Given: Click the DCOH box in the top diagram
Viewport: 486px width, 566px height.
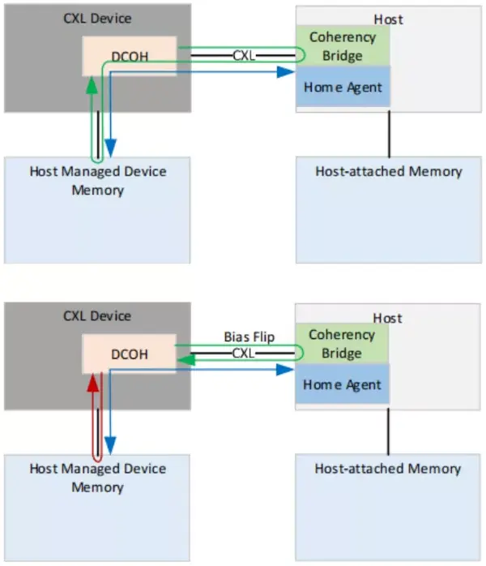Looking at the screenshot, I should [129, 56].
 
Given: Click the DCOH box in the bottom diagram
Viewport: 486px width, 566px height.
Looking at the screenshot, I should [129, 353].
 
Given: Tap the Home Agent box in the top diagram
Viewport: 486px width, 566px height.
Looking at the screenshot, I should [343, 87].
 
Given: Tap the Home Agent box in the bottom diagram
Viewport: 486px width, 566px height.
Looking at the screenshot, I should [342, 384].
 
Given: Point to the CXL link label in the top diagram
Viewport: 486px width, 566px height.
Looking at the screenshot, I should [244, 56].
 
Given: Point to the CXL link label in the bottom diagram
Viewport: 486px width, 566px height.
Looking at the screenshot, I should [244, 353].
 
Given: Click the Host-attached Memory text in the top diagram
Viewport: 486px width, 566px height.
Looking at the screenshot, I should [389, 171].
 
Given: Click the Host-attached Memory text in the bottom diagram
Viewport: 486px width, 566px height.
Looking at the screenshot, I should [388, 468].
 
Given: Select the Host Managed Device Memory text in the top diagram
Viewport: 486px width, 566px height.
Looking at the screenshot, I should [97, 180].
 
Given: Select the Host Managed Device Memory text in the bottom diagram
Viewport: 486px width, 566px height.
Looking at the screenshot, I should [97, 478].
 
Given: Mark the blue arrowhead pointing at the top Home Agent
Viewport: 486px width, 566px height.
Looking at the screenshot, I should [284, 72].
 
